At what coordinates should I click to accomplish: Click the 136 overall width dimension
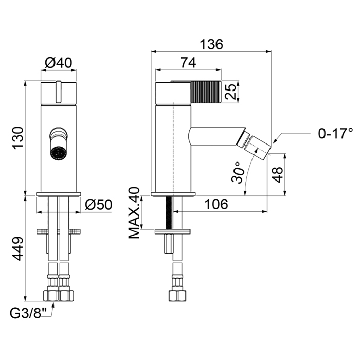211,44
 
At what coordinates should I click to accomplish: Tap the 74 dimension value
188,63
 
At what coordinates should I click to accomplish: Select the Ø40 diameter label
59,63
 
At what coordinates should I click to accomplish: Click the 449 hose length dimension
18,248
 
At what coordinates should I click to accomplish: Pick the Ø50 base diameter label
99,204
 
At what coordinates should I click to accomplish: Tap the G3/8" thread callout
28,313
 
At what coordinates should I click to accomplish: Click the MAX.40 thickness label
134,213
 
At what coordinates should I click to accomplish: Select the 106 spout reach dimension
217,204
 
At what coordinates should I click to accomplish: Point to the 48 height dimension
278,175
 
